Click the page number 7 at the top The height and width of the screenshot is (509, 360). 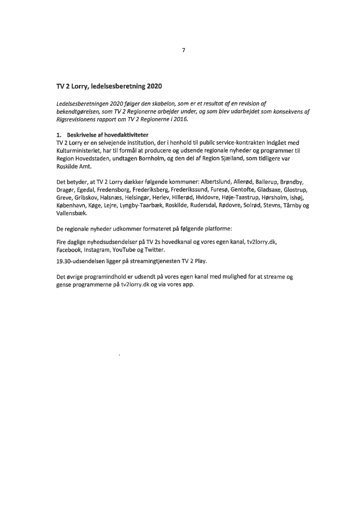[x=183, y=50]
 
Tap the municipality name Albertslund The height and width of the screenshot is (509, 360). [x=217, y=182]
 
